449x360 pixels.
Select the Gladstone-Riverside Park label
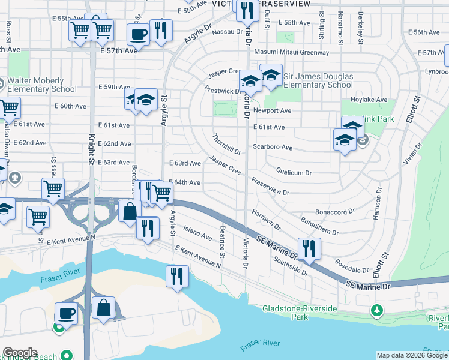[x=300, y=313]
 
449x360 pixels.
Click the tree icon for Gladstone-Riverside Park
[x=376, y=310]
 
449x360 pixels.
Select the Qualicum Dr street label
[x=294, y=172]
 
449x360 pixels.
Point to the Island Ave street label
[x=197, y=233]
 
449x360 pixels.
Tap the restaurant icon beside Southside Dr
[x=309, y=249]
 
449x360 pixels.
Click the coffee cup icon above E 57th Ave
[x=138, y=34]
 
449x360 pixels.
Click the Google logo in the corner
[x=20, y=353]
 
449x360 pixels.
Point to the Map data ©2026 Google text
[x=411, y=355]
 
